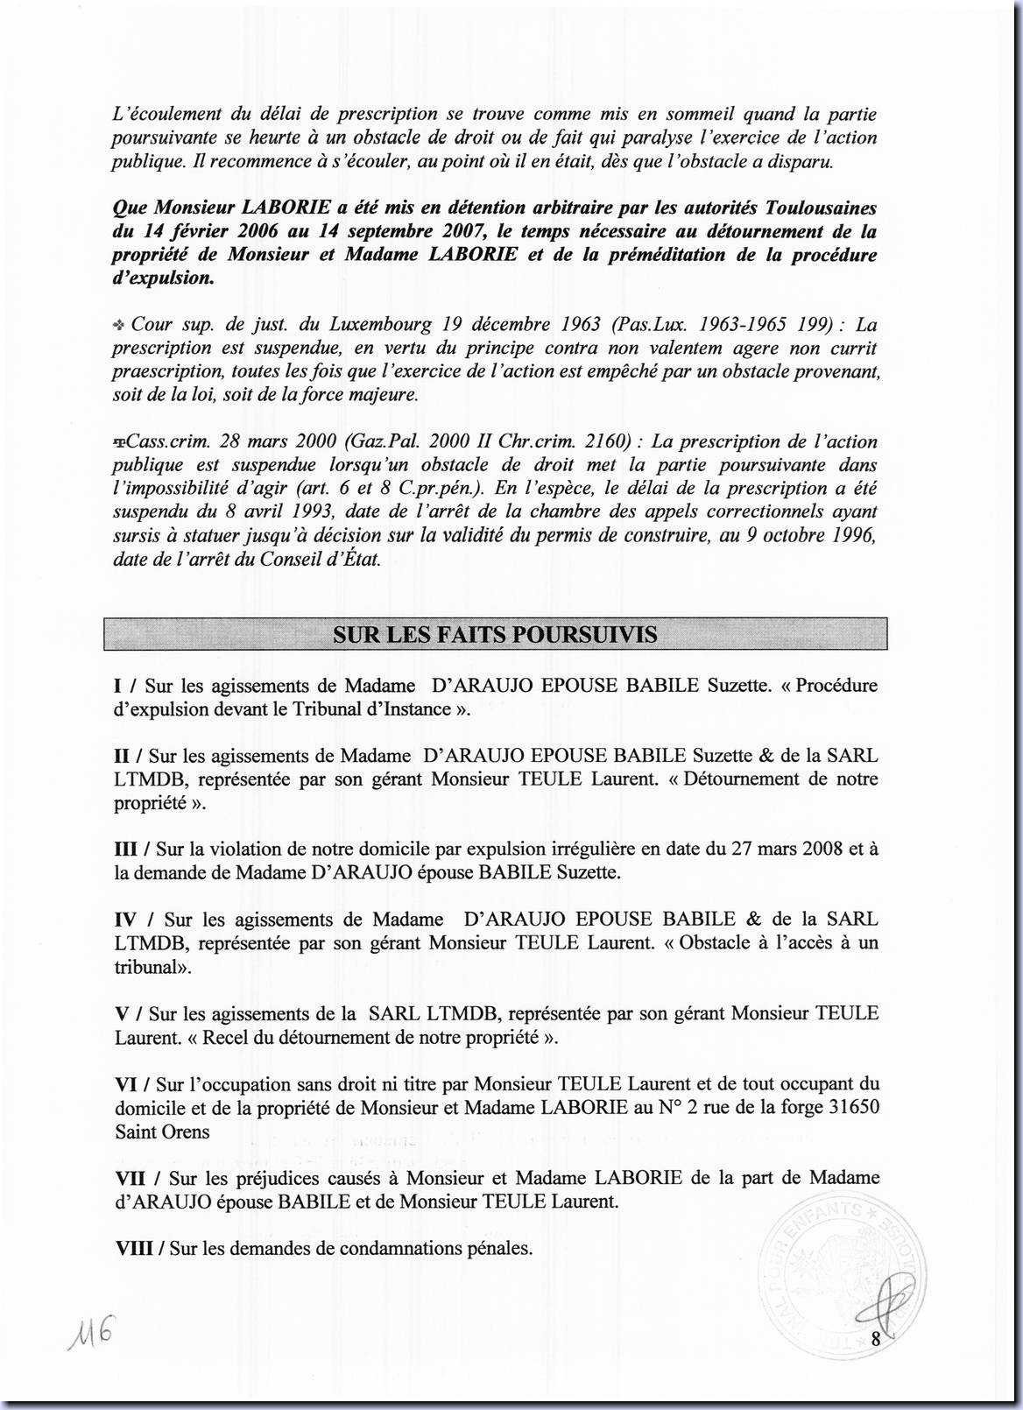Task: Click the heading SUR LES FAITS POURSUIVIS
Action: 495,635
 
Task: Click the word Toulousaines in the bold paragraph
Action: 821,208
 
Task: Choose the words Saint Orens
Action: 162,1132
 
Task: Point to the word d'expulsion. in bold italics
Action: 162,278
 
